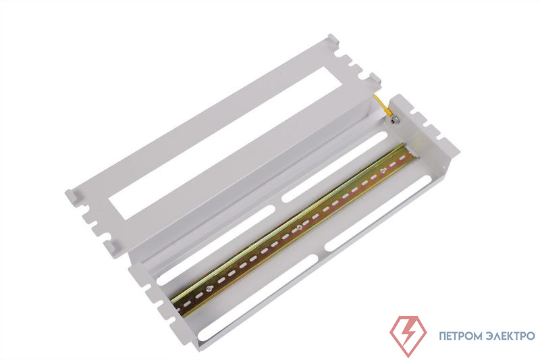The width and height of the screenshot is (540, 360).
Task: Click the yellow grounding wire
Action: [381, 105]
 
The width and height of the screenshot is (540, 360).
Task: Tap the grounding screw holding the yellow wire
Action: [396, 120]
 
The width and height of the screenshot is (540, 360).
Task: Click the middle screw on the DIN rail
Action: [299, 227]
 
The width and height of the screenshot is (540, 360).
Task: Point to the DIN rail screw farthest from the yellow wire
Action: [209, 288]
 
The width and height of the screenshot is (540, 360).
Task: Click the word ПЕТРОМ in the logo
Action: [462, 336]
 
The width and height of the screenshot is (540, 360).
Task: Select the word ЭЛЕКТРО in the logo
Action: [512, 336]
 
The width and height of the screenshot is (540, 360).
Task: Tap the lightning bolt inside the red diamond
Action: [408, 335]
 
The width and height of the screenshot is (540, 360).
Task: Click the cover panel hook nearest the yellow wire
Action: [375, 80]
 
